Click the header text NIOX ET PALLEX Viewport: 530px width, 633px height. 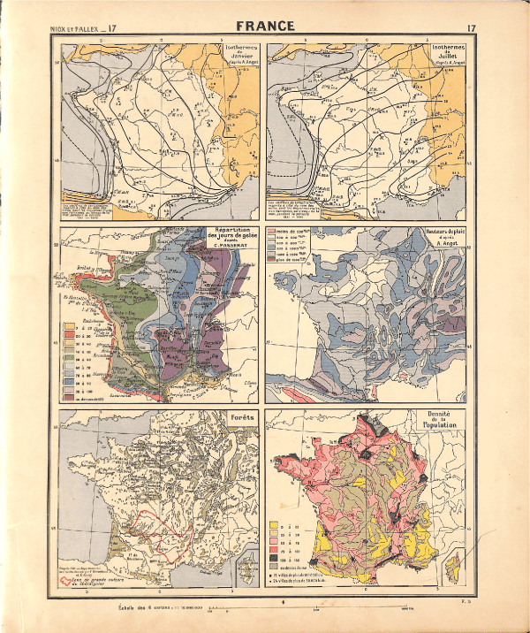pos(75,29)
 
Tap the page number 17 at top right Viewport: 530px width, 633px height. pos(472,29)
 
